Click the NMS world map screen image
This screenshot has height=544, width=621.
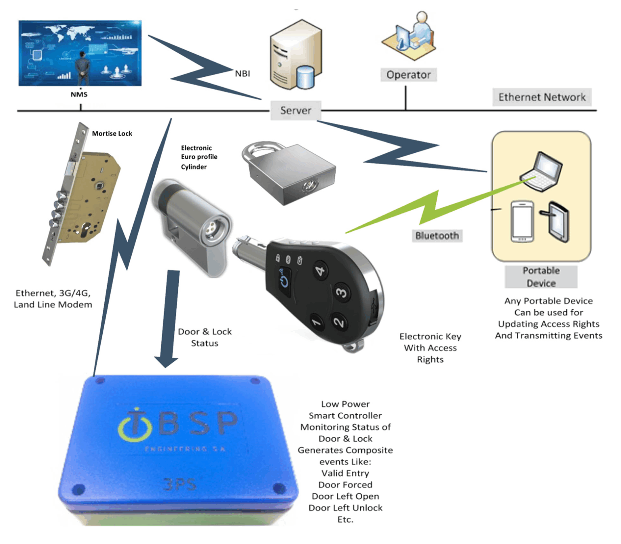click(80, 53)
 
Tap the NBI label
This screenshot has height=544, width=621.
click(242, 74)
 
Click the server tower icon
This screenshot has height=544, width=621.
click(295, 55)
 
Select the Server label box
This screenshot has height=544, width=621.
click(296, 110)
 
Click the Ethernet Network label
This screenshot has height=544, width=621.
click(541, 97)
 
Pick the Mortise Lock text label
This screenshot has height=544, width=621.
click(112, 133)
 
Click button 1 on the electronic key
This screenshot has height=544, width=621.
click(316, 322)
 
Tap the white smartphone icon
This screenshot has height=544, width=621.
click(522, 221)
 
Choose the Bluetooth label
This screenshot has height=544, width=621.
click(437, 236)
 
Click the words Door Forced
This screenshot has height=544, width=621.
click(345, 485)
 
